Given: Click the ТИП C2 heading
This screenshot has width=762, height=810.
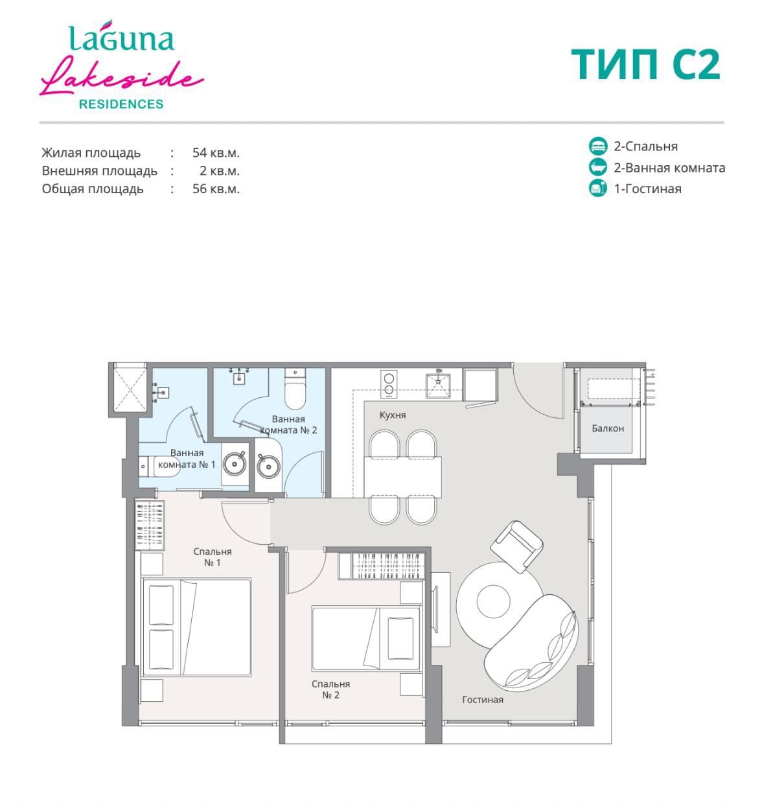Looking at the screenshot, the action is pyautogui.click(x=645, y=64).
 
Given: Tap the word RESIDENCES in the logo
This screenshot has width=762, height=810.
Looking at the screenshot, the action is pyautogui.click(x=121, y=104).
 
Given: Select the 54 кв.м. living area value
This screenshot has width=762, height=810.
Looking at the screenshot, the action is pyautogui.click(x=216, y=152).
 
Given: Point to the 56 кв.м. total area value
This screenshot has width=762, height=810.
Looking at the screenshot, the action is pyautogui.click(x=216, y=189).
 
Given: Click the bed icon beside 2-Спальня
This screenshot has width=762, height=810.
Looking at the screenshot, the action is pyautogui.click(x=598, y=146).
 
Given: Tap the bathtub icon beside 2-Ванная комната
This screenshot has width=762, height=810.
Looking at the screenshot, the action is pyautogui.click(x=598, y=167).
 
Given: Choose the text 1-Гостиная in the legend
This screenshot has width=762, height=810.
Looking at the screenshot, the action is pyautogui.click(x=648, y=189).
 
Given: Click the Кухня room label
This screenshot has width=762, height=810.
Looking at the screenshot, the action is pyautogui.click(x=393, y=415).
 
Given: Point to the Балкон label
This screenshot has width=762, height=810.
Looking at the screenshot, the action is pyautogui.click(x=608, y=428).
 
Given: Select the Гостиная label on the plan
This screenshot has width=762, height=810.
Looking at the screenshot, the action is pyautogui.click(x=483, y=699).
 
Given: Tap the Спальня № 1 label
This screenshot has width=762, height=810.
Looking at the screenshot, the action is pyautogui.click(x=213, y=557).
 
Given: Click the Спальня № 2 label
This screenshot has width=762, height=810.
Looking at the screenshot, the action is pyautogui.click(x=331, y=689).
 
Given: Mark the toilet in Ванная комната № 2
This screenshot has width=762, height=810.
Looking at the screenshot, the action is pyautogui.click(x=295, y=389).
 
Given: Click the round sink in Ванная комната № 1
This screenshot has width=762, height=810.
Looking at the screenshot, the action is pyautogui.click(x=235, y=464).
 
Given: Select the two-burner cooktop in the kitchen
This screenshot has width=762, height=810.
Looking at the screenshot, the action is pyautogui.click(x=389, y=384).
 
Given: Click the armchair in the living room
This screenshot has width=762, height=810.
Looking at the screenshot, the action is pyautogui.click(x=516, y=547).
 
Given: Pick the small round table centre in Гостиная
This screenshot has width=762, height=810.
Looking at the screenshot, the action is pyautogui.click(x=493, y=601).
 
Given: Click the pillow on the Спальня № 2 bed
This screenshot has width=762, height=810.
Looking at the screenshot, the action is pyautogui.click(x=400, y=639).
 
